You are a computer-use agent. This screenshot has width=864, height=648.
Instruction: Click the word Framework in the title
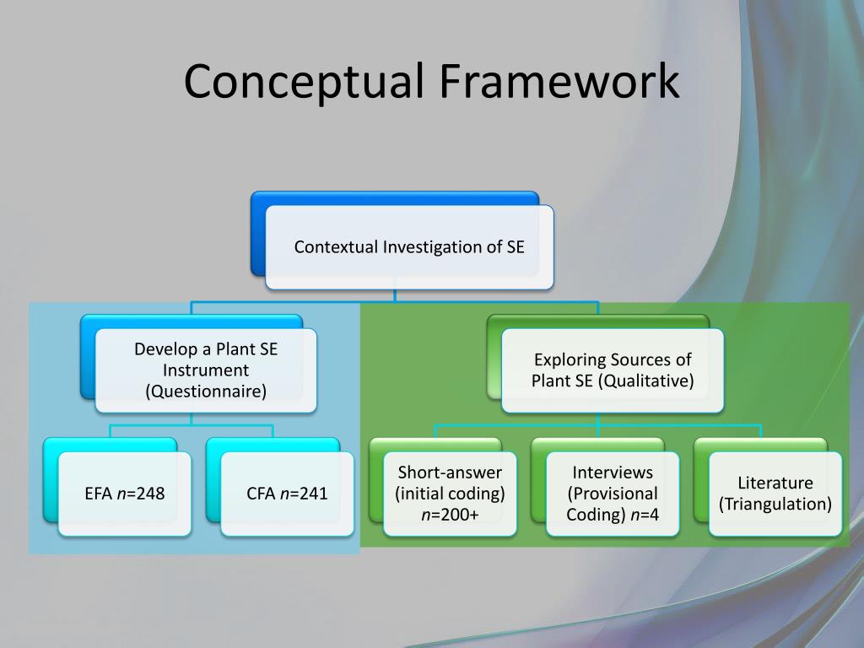559,82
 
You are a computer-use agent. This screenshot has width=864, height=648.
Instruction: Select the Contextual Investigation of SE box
409,247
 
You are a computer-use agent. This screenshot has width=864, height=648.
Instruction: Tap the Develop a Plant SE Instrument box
206,370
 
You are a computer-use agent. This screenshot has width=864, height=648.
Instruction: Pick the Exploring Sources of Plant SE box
613,370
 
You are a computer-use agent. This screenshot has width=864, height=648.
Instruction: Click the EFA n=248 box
125,494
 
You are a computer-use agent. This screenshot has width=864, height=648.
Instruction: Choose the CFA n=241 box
287,494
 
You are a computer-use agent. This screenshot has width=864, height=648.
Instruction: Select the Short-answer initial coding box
450,494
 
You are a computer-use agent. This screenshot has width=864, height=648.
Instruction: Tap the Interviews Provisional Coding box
613,494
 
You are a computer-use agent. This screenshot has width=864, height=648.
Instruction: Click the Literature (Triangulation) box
775,494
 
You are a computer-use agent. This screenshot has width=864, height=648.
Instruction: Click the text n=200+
450,515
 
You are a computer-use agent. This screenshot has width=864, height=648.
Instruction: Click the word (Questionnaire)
206,391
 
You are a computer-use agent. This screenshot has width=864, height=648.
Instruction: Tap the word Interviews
613,472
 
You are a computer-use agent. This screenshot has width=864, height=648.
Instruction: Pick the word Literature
775,483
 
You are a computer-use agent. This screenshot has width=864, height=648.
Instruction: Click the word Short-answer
450,472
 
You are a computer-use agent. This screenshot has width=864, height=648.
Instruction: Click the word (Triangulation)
775,505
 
